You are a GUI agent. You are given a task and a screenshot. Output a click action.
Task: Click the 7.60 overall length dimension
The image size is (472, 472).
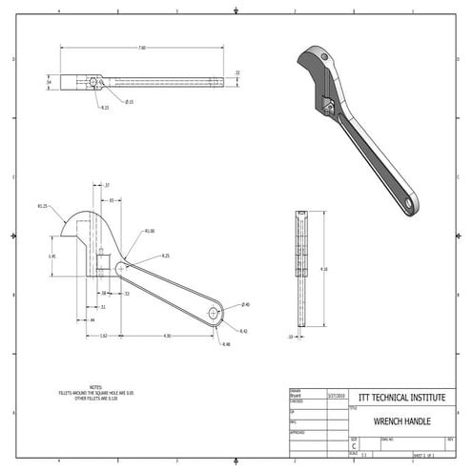click(x=142, y=47)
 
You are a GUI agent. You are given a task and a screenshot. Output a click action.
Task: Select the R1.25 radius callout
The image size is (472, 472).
click(x=43, y=205)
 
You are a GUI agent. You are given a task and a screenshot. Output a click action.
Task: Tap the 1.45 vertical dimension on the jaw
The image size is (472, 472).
click(x=51, y=257)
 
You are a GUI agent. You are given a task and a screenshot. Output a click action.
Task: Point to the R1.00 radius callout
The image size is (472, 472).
click(x=150, y=231)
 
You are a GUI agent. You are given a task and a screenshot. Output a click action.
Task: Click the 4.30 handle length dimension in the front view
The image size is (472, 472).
click(x=167, y=336)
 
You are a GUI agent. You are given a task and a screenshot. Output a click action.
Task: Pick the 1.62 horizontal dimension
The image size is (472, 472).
click(x=103, y=336)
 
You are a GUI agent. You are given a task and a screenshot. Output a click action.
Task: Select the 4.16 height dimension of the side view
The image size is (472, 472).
click(x=324, y=270)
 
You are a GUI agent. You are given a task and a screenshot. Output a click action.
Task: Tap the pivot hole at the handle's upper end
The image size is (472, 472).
click(x=121, y=270)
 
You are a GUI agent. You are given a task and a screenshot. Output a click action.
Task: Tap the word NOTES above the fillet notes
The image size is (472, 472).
click(x=95, y=387)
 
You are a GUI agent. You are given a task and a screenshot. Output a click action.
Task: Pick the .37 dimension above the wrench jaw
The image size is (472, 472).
click(x=107, y=184)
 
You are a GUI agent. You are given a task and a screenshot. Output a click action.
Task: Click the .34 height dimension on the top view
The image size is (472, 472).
click(x=50, y=82)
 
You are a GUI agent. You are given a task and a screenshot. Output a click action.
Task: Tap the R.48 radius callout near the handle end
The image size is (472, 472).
click(x=226, y=344)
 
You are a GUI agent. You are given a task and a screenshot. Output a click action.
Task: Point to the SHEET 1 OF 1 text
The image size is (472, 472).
click(x=422, y=456)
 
